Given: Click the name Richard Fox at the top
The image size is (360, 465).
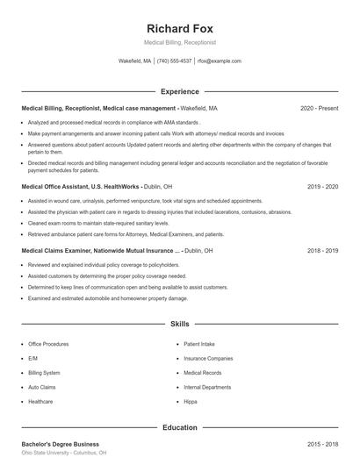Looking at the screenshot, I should click(x=180, y=28).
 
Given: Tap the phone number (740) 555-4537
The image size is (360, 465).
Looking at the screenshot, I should click(x=175, y=61).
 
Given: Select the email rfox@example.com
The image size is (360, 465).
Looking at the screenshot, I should click(x=220, y=61).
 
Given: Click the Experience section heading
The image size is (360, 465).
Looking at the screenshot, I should click(x=180, y=91).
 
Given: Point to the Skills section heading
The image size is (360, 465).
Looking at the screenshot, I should click(x=180, y=324).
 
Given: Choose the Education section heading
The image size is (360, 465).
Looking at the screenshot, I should click(x=180, y=427).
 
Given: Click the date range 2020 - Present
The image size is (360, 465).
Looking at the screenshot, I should click(x=320, y=108).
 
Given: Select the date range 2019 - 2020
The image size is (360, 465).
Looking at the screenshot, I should click(x=323, y=187).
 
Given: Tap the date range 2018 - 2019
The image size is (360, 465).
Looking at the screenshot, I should click(x=323, y=250).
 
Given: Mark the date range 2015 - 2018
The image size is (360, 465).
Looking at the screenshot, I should click(x=323, y=444).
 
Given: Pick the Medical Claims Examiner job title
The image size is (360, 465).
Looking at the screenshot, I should click(x=56, y=250).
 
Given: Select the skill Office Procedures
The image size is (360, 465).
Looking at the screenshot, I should click(x=48, y=344).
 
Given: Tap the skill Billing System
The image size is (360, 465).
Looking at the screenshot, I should click(x=44, y=372).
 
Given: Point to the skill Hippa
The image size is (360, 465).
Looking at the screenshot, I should click(x=191, y=401).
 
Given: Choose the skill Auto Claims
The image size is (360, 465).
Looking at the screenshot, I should click(x=41, y=387).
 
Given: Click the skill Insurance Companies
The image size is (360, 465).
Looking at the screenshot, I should click(x=208, y=358).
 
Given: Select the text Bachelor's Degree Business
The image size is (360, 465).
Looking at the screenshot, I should click(x=61, y=444).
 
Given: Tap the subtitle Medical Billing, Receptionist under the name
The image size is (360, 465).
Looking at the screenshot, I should click(x=180, y=42).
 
